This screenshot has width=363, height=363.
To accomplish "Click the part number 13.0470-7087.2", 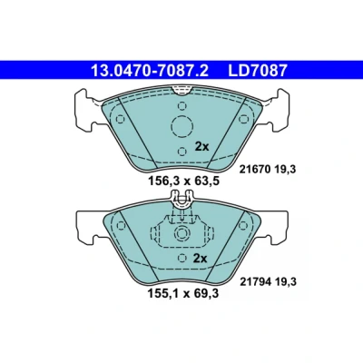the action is (x=150, y=71).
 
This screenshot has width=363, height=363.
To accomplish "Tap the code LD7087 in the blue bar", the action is (x=257, y=71).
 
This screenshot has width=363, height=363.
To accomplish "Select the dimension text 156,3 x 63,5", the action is (x=183, y=181).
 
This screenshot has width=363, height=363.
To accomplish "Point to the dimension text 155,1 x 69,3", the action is (x=183, y=293).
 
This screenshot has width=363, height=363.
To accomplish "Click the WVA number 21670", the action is (x=254, y=170).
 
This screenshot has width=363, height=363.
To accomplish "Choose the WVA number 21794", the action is (x=255, y=282).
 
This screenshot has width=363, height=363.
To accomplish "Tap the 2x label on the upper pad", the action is (x=201, y=147).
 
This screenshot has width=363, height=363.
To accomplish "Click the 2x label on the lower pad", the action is (x=200, y=259).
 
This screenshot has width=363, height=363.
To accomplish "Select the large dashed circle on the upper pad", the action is (x=182, y=127).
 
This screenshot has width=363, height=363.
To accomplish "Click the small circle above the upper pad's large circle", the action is (x=181, y=106).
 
